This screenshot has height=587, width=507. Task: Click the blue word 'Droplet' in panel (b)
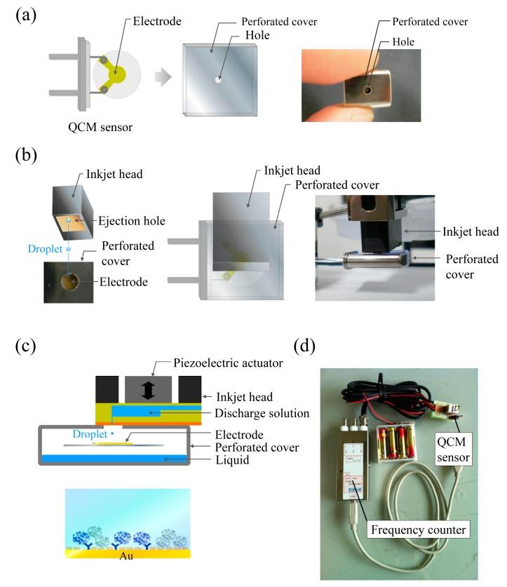pyautogui.click(x=45, y=249)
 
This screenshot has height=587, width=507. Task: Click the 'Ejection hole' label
pyautogui.click(x=133, y=221)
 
